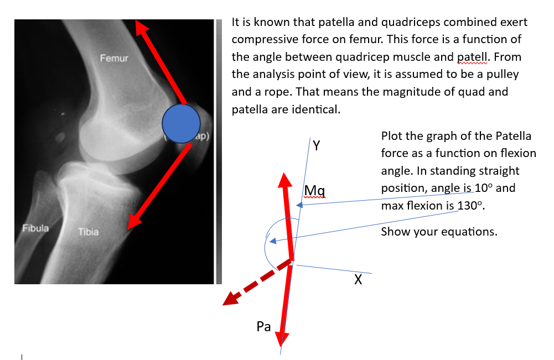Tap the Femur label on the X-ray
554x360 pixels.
pos(114,58)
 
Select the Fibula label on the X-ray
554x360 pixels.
pos(35,228)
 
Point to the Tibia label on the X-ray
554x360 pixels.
pos(88,232)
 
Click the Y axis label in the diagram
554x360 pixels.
pos(317,146)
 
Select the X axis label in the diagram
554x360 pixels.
pos(358,280)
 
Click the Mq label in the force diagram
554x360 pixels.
pos(314,191)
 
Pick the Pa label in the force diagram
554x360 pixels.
pos(264,327)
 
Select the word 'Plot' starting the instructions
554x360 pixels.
pos(392,136)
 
